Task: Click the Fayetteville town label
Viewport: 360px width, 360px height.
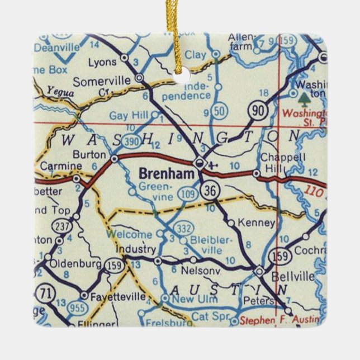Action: coord(119,296)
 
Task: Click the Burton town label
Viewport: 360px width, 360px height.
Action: coord(89,154)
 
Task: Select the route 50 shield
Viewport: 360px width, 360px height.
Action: coord(220,111)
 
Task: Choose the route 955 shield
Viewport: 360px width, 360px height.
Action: coord(76,309)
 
